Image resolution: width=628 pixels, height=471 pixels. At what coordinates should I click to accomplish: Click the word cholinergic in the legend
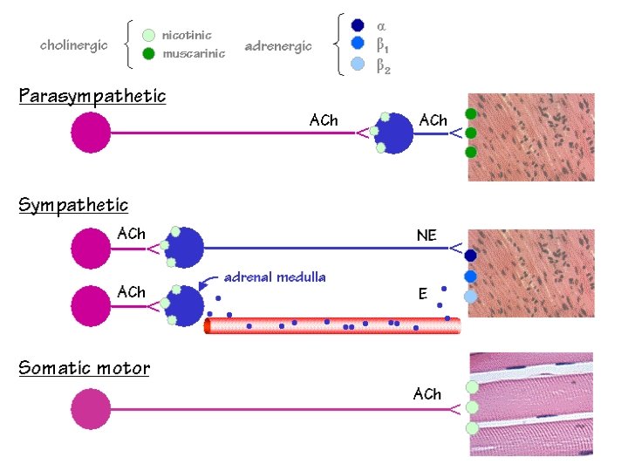(x=74, y=45)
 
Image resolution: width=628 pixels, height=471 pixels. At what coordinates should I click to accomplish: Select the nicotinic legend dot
(x=148, y=36)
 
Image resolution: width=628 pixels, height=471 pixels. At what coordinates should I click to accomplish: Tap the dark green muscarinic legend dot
(x=148, y=54)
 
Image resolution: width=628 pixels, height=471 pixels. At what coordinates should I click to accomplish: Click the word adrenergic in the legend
(x=278, y=46)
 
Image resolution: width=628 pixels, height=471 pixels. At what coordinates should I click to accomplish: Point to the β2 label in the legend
(x=383, y=65)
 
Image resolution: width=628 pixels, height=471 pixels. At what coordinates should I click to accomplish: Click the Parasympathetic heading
(x=92, y=96)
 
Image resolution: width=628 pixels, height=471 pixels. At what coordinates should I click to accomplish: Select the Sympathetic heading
(x=74, y=206)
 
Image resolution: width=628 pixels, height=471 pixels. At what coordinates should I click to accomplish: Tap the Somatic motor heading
(x=85, y=368)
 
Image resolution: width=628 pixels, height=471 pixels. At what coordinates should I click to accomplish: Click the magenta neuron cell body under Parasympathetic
(x=91, y=133)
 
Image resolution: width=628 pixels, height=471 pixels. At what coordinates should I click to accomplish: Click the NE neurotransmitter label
(x=427, y=235)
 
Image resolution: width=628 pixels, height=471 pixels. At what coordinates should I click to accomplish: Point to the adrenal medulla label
(x=275, y=277)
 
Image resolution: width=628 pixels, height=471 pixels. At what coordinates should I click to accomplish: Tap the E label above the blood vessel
(x=423, y=295)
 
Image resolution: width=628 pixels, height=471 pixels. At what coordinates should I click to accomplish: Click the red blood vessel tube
(x=331, y=325)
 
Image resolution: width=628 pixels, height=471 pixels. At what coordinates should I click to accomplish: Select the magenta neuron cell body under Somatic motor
(x=91, y=409)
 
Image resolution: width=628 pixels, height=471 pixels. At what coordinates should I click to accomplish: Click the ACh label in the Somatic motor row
(x=427, y=394)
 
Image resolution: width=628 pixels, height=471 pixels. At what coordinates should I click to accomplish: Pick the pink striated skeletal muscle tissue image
(x=531, y=403)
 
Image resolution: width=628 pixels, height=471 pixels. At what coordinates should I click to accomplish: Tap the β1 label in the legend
(x=383, y=44)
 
